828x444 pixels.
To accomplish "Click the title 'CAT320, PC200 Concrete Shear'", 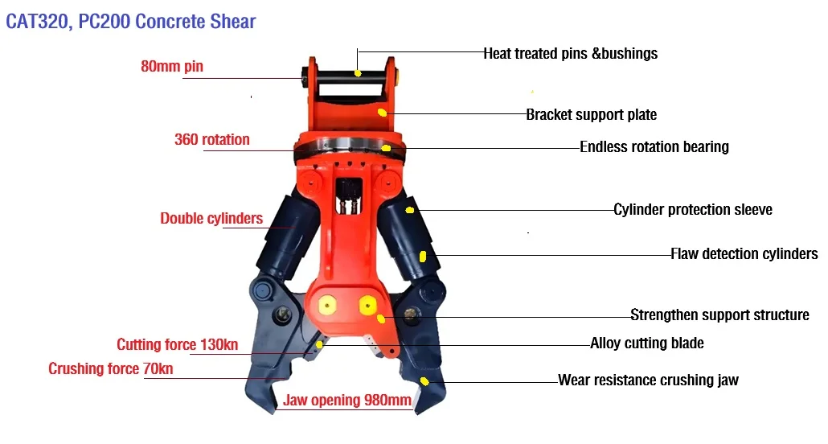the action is pos(131,21).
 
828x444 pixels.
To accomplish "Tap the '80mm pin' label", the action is pos(172,67).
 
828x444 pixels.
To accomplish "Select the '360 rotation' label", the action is pos(212,139).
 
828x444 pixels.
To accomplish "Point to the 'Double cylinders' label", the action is pos(211,218).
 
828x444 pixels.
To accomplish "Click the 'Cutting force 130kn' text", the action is pos(178,345).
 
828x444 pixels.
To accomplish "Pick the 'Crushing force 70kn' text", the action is pos(111,369).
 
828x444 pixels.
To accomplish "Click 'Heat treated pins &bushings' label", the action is pos(570,54).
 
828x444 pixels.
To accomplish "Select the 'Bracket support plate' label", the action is pos(591,114).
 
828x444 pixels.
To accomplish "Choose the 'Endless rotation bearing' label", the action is pos(654,146).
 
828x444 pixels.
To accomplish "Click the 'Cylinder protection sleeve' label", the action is pos(693,209).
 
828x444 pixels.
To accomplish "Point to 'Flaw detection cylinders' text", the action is pos(744,254).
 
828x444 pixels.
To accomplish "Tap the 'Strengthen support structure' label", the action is pos(719,314).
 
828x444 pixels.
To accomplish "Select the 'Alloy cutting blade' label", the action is pos(647,343).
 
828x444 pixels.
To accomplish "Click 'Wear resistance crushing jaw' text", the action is pos(648,380).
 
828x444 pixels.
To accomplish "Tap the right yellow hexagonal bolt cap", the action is pos(368,305).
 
